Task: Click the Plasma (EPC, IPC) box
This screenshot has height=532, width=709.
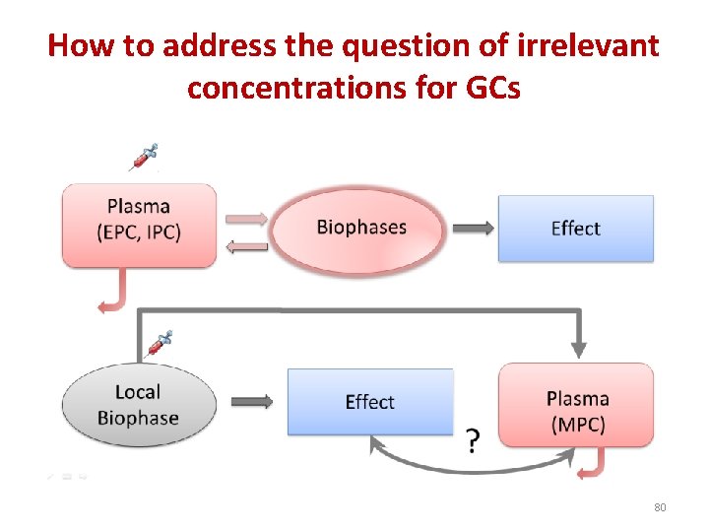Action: tap(139, 224)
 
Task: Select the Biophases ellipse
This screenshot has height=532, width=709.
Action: tap(360, 228)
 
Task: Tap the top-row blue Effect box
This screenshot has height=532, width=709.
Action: tap(575, 229)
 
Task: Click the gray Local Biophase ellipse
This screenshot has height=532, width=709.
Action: tap(138, 405)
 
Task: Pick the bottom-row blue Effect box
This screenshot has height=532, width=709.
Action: tap(369, 402)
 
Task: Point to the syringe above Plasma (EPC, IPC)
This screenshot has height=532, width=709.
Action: tap(144, 157)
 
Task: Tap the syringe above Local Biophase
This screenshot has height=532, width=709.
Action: tap(159, 343)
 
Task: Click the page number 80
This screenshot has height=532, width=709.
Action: tap(660, 507)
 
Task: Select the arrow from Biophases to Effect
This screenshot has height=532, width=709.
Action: tap(474, 229)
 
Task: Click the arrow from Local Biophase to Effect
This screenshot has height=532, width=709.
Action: tap(251, 402)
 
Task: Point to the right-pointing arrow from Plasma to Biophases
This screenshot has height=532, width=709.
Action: tap(246, 218)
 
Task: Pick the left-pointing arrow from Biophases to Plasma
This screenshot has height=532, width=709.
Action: tap(246, 247)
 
